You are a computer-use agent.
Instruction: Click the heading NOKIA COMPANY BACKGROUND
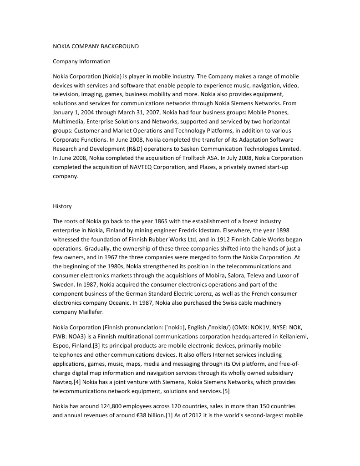pyautogui.click(x=96, y=46)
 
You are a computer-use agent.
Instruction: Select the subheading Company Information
pyautogui.click(x=81, y=61)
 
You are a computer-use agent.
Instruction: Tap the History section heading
pyautogui.click(x=62, y=206)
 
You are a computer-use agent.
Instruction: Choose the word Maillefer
pyautogui.click(x=91, y=312)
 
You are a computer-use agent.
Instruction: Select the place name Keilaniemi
pyautogui.click(x=288, y=336)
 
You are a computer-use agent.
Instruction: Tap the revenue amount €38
pyautogui.click(x=145, y=415)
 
